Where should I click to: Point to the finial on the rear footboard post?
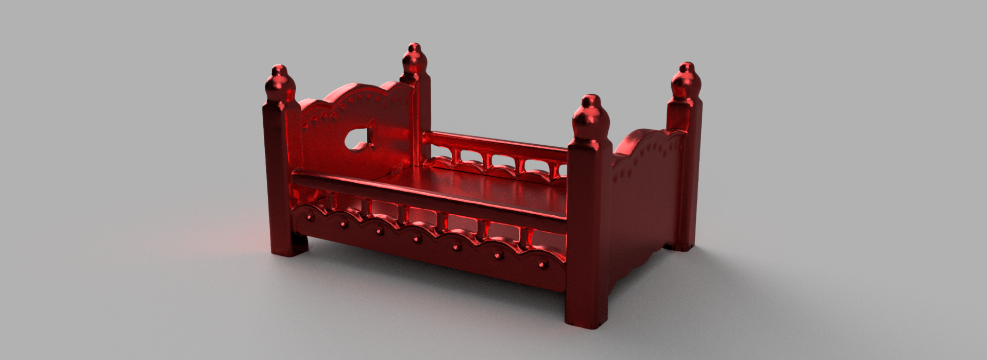686,82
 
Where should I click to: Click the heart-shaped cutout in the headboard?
362,138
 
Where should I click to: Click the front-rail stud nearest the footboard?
541,265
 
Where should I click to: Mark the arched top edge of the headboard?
355,91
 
